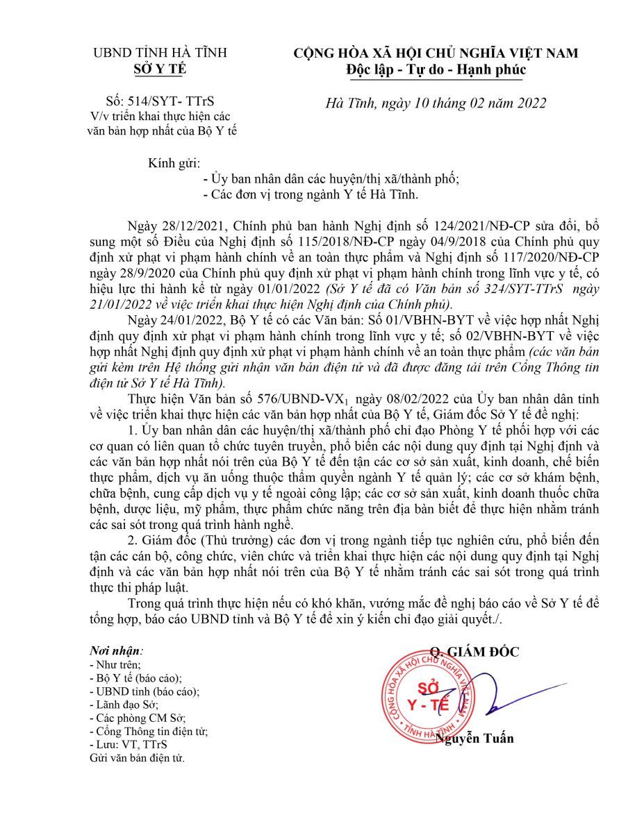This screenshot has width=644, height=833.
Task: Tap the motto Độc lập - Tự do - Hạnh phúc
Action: pyautogui.click(x=436, y=69)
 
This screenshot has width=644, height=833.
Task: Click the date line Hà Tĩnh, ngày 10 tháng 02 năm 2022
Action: pyautogui.click(x=436, y=103)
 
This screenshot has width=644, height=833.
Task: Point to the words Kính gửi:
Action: pyautogui.click(x=174, y=163)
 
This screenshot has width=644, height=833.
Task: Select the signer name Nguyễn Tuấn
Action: pyautogui.click(x=474, y=738)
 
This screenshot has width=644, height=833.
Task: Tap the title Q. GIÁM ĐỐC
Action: pyautogui.click(x=474, y=652)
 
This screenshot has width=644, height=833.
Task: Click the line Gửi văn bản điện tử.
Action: pyautogui.click(x=137, y=757)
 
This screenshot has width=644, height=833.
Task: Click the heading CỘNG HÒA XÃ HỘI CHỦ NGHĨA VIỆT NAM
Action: pyautogui.click(x=436, y=53)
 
